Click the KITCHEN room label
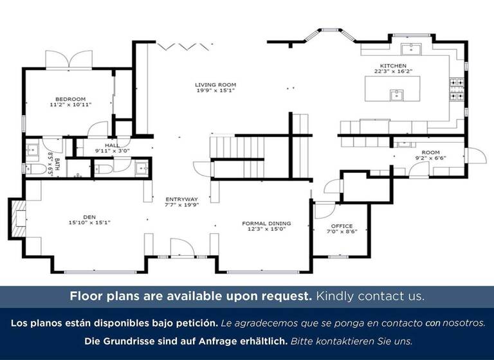393,66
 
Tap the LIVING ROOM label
215,84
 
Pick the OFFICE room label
342,226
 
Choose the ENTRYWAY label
182,199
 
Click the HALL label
112,145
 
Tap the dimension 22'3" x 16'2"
393,72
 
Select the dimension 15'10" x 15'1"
89,223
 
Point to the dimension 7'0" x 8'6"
342,231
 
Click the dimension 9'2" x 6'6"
430,158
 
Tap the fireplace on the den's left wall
17,219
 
